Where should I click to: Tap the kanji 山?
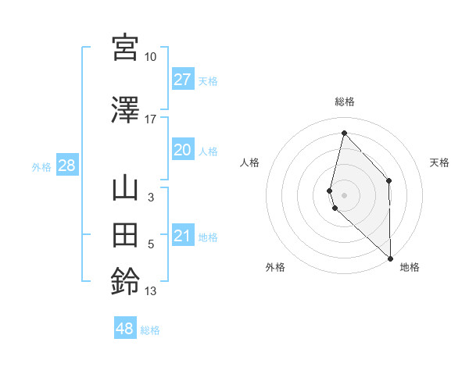(x=125, y=189)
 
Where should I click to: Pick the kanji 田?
(x=125, y=235)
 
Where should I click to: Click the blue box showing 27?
(x=183, y=80)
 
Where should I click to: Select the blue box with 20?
(x=183, y=151)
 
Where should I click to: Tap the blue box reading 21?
(x=183, y=237)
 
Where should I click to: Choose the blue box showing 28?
(x=66, y=166)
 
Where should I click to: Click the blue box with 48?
(x=125, y=329)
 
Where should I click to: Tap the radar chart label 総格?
(x=345, y=102)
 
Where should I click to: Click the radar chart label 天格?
(x=440, y=162)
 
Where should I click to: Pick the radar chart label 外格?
(x=275, y=267)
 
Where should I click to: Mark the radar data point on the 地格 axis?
(x=390, y=258)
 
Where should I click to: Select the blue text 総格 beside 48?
(x=150, y=330)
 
